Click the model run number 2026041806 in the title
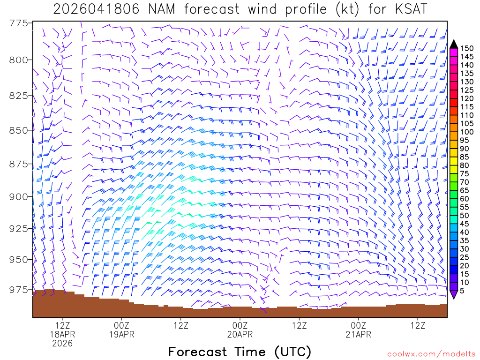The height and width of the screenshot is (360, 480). pos(96,9)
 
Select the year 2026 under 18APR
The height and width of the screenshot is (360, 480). pos(62,344)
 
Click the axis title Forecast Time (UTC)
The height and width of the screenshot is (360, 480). pos(240,352)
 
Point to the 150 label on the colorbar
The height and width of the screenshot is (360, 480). pos(467,48)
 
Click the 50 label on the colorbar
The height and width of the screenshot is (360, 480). pos(465,215)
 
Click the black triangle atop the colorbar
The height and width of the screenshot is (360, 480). pos(454,44)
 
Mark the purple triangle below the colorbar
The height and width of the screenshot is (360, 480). pos(454,294)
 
